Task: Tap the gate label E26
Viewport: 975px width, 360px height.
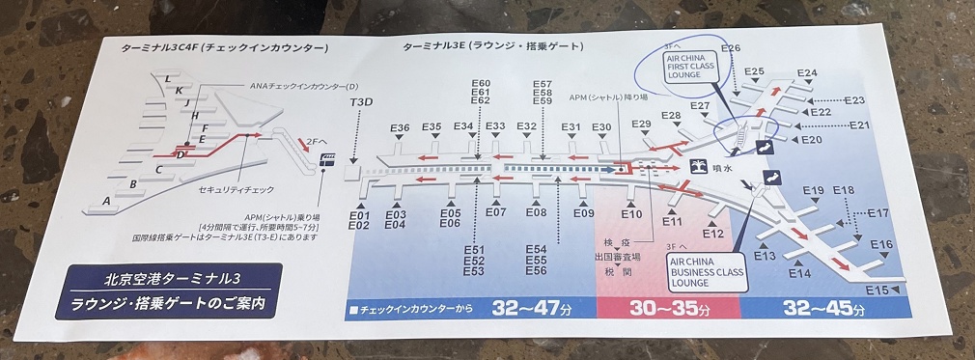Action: click(731, 48)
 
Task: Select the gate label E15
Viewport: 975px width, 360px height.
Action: click(877, 290)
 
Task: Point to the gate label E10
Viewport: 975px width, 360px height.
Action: click(632, 213)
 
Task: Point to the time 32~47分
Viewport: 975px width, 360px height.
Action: click(529, 310)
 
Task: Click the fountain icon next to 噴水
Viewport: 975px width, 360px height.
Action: click(701, 166)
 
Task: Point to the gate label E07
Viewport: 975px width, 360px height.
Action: click(495, 212)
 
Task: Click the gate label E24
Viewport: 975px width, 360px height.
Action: click(807, 73)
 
